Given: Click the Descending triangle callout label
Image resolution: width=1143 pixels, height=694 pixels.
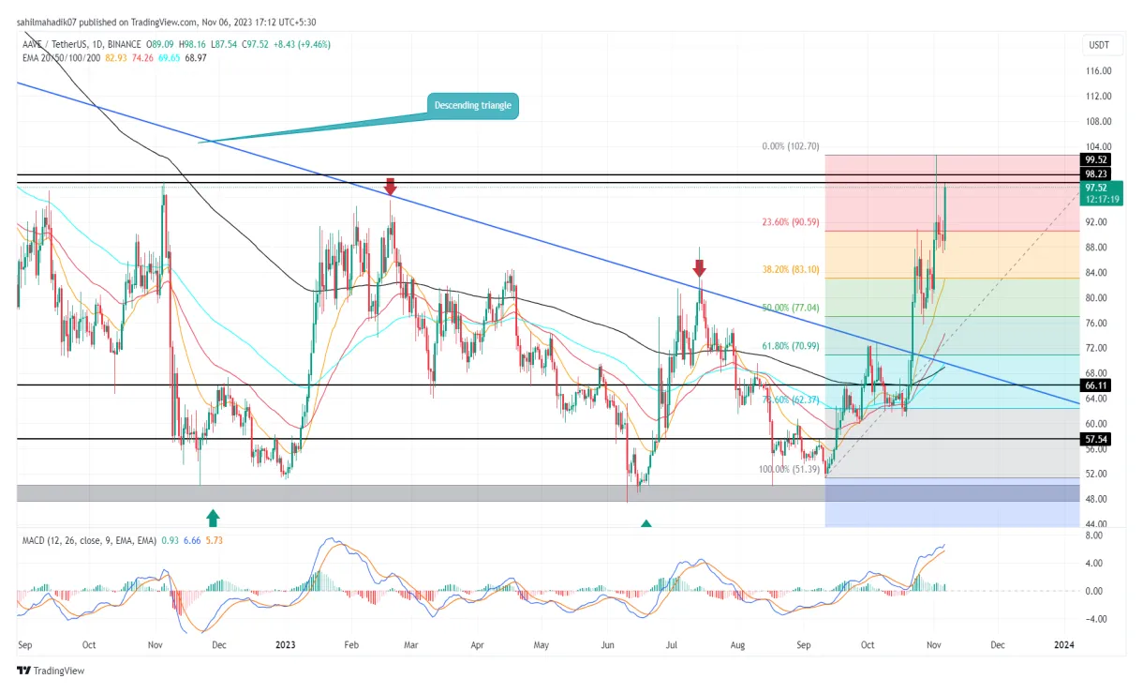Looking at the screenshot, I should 472,106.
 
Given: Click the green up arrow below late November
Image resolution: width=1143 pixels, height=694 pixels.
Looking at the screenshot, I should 214,516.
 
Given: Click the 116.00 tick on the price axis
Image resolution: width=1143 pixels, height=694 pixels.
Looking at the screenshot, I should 1098,71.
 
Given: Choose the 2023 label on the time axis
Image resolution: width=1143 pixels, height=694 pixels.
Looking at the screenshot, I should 284,645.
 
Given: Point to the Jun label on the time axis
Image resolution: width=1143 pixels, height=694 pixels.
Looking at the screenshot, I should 607,645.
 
